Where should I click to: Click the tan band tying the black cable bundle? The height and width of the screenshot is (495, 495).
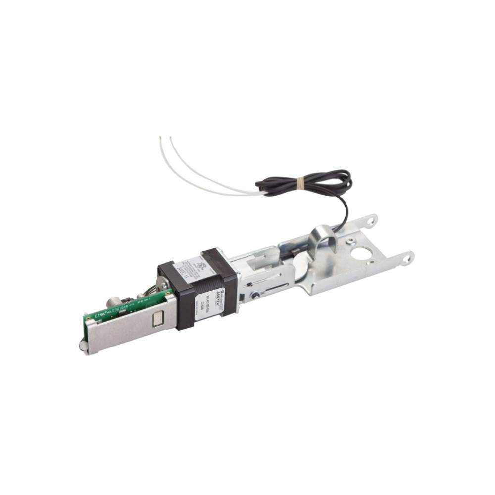[297, 185]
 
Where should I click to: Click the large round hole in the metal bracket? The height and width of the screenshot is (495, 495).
[362, 254]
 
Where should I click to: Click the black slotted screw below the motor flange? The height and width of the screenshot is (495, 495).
[255, 296]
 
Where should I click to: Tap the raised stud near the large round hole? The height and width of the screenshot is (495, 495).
[350, 242]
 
